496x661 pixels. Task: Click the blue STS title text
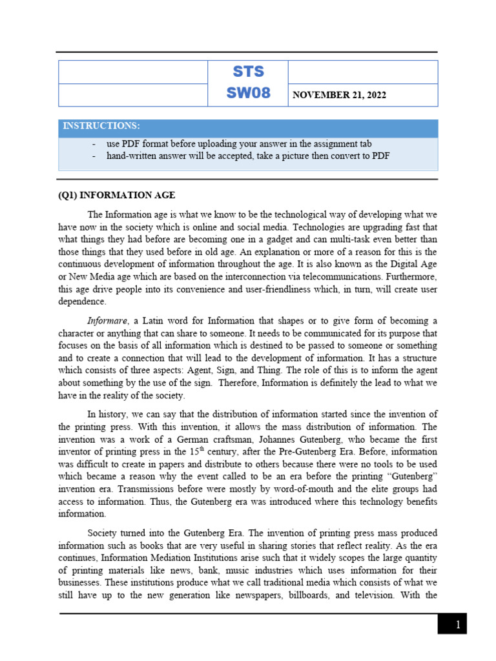point(248,71)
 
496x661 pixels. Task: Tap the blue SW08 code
point(248,94)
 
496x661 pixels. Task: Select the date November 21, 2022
point(339,96)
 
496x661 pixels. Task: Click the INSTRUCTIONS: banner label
point(101,125)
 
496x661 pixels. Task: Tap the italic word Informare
point(107,321)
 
